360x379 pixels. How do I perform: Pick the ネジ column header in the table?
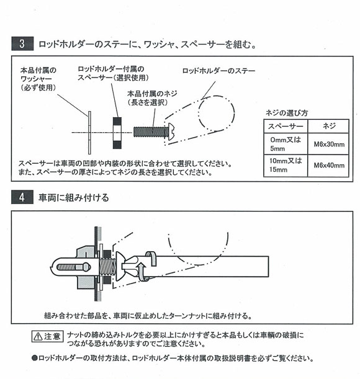329,126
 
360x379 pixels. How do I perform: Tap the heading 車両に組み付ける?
74,198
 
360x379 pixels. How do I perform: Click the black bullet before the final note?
34,359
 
